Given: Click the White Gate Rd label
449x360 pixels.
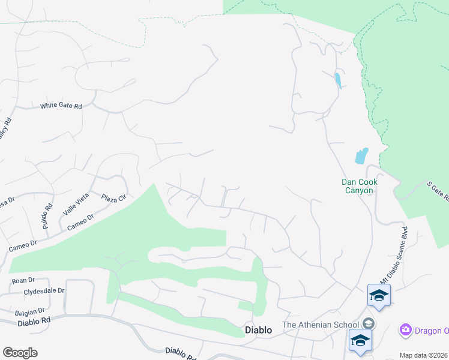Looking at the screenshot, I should pyautogui.click(x=61, y=106).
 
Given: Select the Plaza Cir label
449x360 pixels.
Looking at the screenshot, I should pyautogui.click(x=112, y=198).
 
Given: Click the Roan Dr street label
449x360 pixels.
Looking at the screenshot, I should pyautogui.click(x=23, y=281).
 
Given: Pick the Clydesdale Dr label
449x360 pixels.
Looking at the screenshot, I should pyautogui.click(x=44, y=290).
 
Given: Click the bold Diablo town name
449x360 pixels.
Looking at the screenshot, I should pyautogui.click(x=259, y=330).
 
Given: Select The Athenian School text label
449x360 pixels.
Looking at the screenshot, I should pyautogui.click(x=321, y=325).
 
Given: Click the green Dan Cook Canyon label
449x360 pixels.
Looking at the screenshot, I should pyautogui.click(x=357, y=186).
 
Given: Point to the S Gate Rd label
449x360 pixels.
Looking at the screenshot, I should pyautogui.click(x=438, y=192).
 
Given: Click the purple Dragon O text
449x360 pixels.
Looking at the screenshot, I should pyautogui.click(x=432, y=330).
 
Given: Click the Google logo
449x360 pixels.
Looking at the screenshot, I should pyautogui.click(x=20, y=353).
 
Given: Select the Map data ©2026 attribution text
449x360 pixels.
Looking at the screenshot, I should pyautogui.click(x=423, y=355).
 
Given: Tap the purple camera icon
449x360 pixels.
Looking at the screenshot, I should pyautogui.click(x=405, y=330).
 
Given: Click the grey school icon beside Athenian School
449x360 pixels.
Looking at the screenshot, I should pyautogui.click(x=369, y=324).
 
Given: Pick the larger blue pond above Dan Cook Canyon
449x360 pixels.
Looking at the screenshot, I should pyautogui.click(x=361, y=155).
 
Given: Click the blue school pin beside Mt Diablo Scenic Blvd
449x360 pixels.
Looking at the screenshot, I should pyautogui.click(x=379, y=295).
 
